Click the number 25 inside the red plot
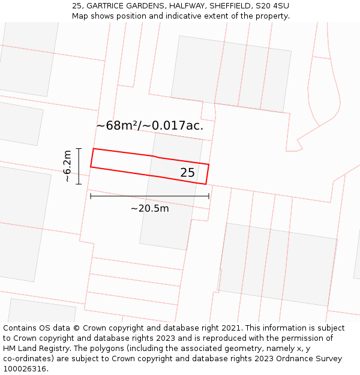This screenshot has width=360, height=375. click(x=187, y=173)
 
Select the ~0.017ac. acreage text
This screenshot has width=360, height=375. click(x=177, y=126)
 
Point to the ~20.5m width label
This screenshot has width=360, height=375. click(x=149, y=208)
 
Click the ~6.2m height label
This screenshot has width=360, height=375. click(x=67, y=166)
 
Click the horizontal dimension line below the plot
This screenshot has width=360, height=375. click(x=149, y=196)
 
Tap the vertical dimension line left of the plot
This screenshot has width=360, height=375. click(x=79, y=166)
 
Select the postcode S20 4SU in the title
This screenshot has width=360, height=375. click(x=271, y=6)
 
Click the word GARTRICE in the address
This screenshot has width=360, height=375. click(x=108, y=6)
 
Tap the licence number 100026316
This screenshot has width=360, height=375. click(x=26, y=369)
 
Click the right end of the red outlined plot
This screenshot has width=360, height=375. click(x=207, y=174)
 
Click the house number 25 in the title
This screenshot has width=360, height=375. click(x=77, y=6)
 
